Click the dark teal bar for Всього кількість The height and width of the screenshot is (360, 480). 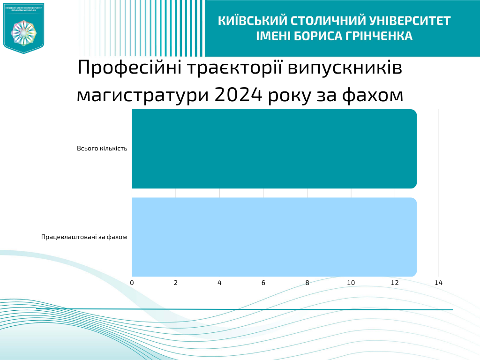pyautogui.click(x=274, y=149)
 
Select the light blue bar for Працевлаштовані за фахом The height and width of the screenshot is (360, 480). pyautogui.click(x=274, y=237)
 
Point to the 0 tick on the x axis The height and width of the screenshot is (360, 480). pyautogui.click(x=132, y=283)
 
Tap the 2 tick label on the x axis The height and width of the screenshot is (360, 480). pyautogui.click(x=176, y=283)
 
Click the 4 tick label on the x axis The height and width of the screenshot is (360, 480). pyautogui.click(x=219, y=283)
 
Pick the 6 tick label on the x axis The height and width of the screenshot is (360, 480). pyautogui.click(x=263, y=283)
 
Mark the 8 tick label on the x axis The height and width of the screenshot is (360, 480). pyautogui.click(x=307, y=283)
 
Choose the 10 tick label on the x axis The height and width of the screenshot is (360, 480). pyautogui.click(x=351, y=283)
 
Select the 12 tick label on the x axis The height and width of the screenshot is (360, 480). pyautogui.click(x=395, y=283)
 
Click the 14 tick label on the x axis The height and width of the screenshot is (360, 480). pyautogui.click(x=439, y=283)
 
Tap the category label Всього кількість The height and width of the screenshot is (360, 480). pyautogui.click(x=102, y=149)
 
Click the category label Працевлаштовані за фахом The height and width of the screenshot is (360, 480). pyautogui.click(x=84, y=237)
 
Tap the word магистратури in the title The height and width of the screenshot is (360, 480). pyautogui.click(x=142, y=95)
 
